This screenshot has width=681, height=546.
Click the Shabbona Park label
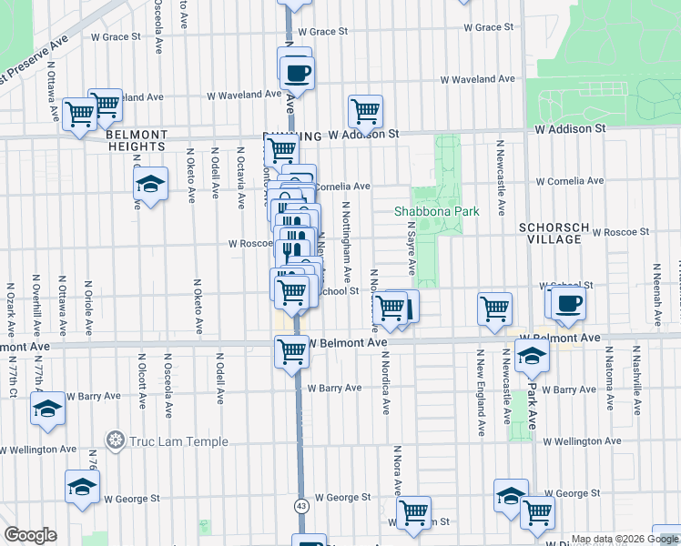pos(436,211)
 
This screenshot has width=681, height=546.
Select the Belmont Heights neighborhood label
pos(136,139)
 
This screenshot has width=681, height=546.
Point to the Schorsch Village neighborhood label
pos(549,232)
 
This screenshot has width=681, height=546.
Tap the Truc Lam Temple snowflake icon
pos(115,441)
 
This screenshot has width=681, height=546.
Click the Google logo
pos(30,535)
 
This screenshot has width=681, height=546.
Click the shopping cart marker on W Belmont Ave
pos(292,349)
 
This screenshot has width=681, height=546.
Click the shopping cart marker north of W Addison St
pos(365,111)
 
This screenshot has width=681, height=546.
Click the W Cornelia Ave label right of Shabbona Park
pos(569,180)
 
